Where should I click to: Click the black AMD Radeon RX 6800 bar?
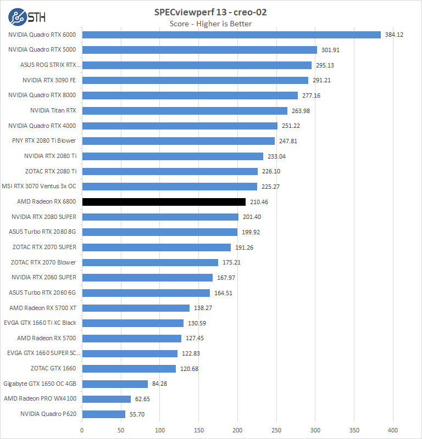[164, 202]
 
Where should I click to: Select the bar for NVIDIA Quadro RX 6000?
[231, 35]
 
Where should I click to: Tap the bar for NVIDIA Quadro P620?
[103, 414]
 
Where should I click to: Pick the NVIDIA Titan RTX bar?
[185, 111]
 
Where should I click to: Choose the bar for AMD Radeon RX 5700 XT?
[136, 308]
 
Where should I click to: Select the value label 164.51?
[224, 293]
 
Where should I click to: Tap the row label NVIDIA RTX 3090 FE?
[49, 80]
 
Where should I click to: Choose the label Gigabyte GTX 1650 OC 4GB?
[40, 384]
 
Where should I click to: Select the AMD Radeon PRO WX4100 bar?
[106, 399]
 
